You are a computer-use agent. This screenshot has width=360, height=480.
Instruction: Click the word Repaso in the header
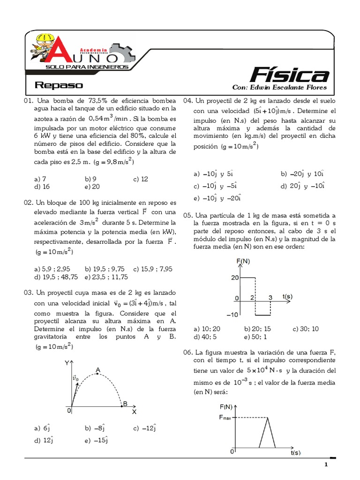pos(59,85)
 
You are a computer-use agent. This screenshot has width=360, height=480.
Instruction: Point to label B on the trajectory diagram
pos(125,404)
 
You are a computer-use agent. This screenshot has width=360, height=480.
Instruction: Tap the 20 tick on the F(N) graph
pos(234,277)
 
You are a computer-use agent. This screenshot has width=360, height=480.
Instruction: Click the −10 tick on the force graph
pos(232,315)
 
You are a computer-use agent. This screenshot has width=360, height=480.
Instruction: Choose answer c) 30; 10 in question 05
pos(306,329)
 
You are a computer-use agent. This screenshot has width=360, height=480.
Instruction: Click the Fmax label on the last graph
pos(227,417)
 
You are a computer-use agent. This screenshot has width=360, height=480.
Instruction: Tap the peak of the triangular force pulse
pos(267,418)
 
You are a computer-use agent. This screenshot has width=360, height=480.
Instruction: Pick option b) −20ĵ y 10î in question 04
pos(303,173)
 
